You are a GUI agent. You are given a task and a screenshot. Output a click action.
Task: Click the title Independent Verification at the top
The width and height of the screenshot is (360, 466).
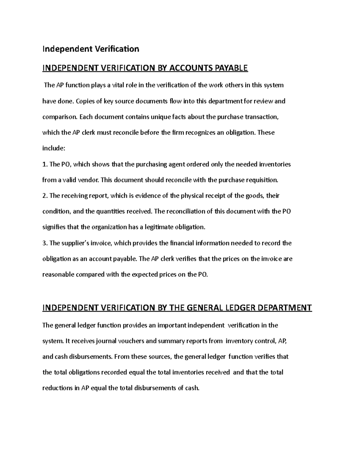pos(91,49)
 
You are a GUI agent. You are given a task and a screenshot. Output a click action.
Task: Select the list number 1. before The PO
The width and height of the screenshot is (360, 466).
pos(45,164)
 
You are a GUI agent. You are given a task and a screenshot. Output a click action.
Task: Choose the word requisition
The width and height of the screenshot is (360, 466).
pos(262,180)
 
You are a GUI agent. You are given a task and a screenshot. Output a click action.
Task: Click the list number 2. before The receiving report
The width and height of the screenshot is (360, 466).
pos(45,196)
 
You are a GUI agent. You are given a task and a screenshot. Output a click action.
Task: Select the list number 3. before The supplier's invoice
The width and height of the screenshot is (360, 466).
pos(45,243)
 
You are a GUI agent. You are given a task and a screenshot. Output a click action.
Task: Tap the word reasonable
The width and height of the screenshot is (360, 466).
pos(58,275)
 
